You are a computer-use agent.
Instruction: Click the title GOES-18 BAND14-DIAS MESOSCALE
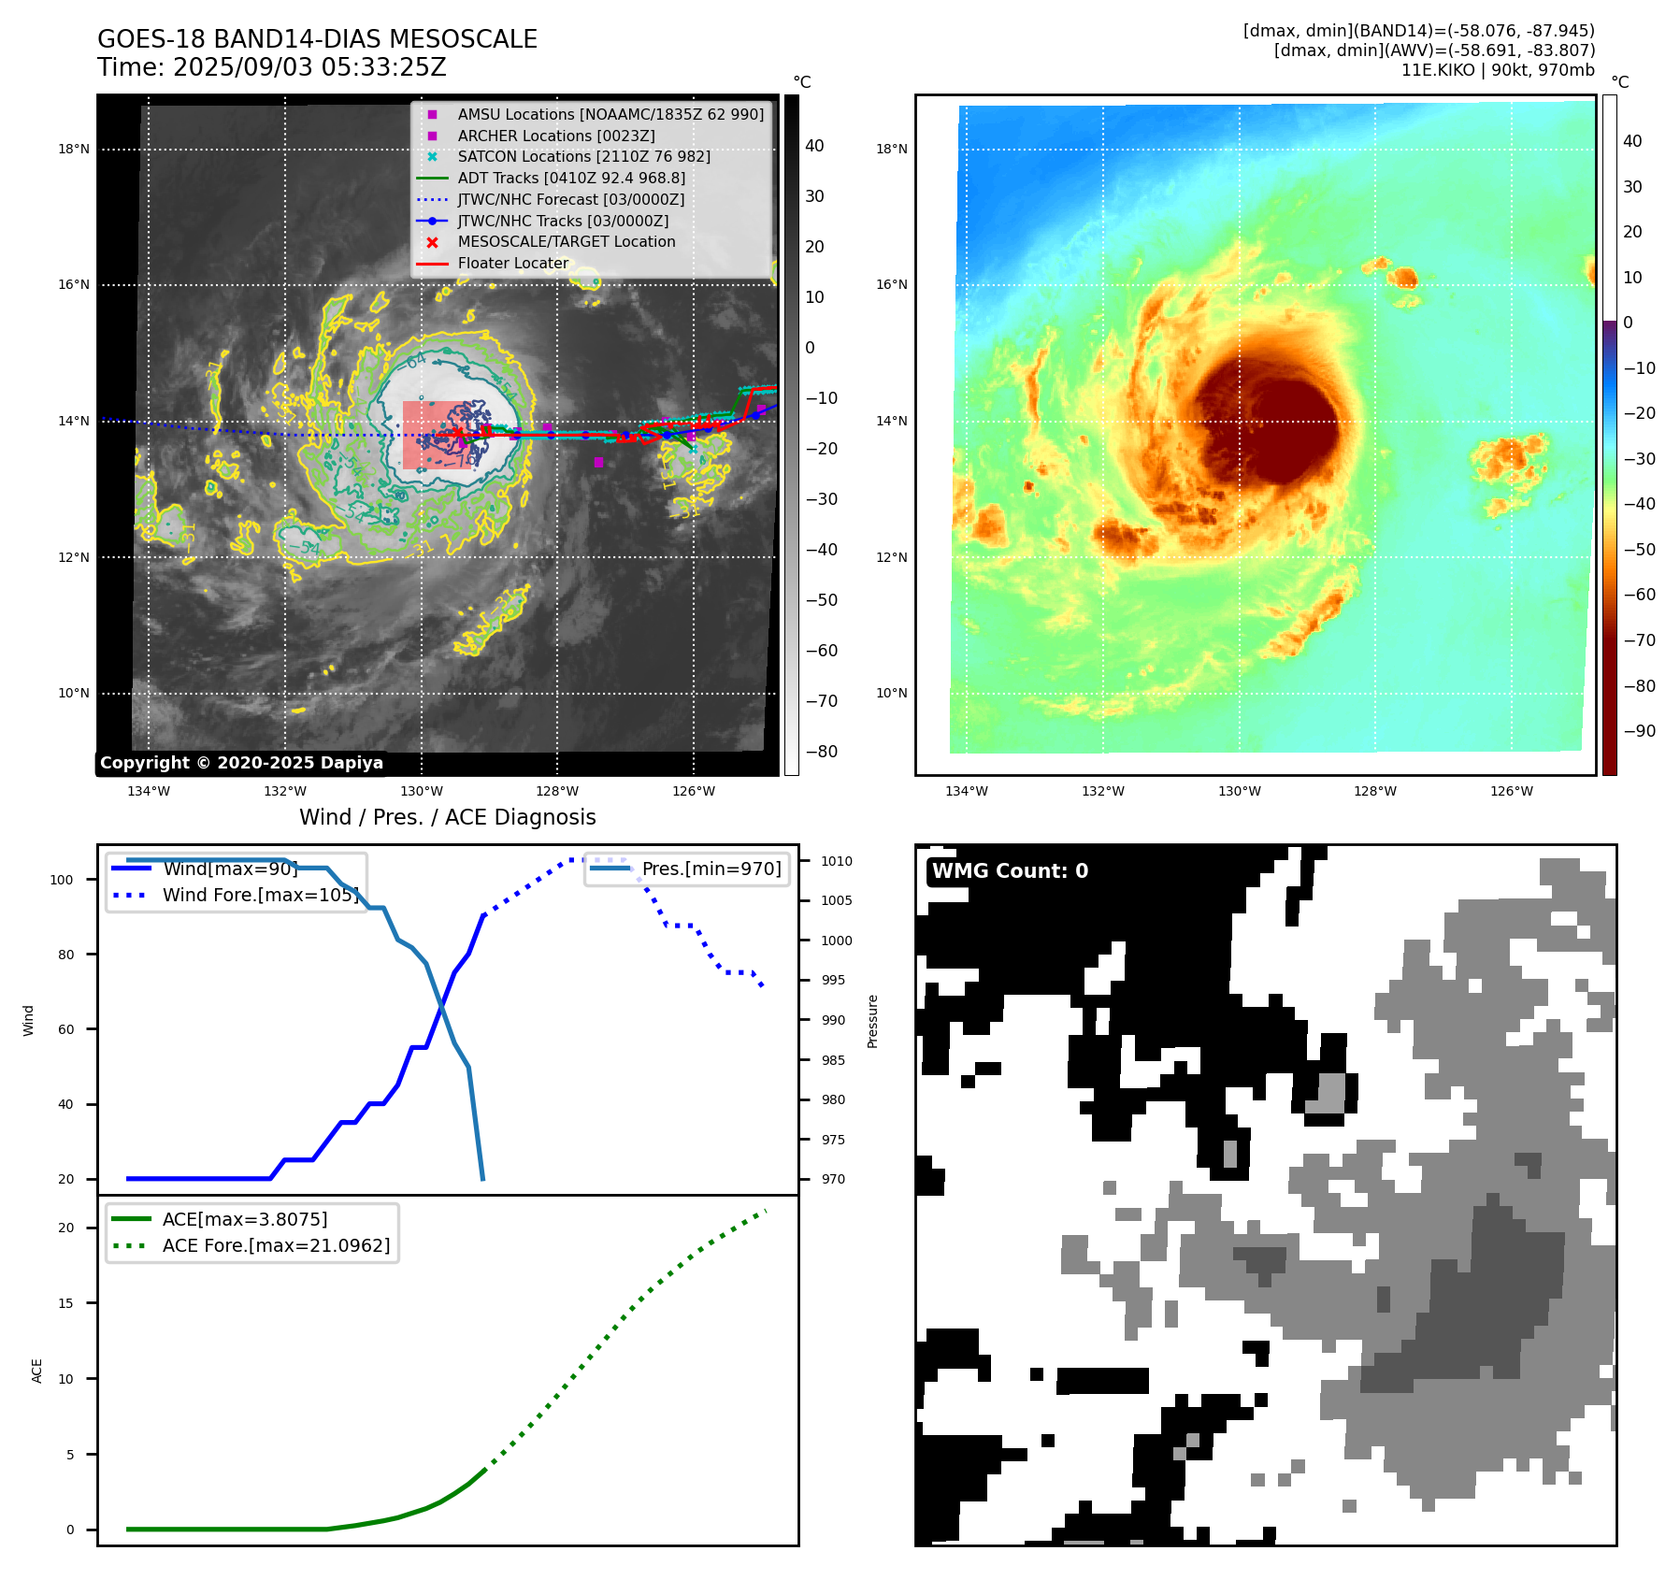coord(317,39)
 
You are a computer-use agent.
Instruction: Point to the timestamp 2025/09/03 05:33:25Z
coord(309,67)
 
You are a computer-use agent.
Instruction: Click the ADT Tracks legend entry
coord(570,178)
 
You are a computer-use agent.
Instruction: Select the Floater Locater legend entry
coord(512,263)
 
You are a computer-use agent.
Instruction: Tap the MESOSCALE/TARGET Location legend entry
coord(566,241)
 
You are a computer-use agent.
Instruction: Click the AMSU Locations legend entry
coord(610,114)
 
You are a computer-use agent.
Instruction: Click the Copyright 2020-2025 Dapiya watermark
coord(241,763)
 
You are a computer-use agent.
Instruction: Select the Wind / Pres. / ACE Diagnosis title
coord(447,817)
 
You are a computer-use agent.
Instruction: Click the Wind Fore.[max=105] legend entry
coord(260,895)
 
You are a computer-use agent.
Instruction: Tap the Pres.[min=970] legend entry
coord(711,869)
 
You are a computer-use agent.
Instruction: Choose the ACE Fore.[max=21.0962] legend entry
coord(276,1245)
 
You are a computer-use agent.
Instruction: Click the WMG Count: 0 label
coord(1010,870)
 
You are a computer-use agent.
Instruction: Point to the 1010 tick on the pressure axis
coord(837,861)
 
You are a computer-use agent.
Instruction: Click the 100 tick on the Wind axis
coord(62,880)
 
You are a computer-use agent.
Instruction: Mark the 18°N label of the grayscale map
coord(74,149)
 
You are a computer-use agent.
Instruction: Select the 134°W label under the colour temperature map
coord(966,791)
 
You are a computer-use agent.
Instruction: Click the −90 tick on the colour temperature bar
coord(1639,731)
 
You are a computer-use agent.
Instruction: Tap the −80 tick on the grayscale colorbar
coord(822,752)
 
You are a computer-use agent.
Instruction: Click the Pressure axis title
coord(872,1021)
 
